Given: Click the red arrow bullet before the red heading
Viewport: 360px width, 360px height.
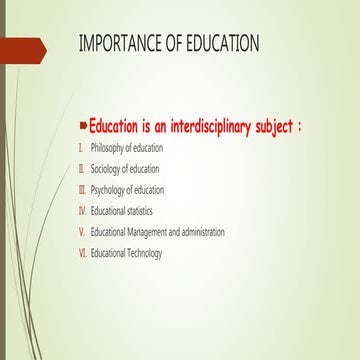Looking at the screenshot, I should (x=83, y=127).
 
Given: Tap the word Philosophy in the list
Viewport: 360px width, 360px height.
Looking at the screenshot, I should (x=109, y=148).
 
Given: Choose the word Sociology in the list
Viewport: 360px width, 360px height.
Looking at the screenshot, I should (x=108, y=169).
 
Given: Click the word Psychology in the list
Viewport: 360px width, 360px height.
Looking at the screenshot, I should (x=110, y=190).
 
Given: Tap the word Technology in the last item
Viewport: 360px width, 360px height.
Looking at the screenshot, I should (x=142, y=253).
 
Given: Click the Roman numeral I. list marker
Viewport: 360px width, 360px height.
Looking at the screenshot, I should (x=80, y=148).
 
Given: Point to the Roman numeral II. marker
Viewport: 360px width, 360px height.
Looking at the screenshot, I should (x=81, y=169).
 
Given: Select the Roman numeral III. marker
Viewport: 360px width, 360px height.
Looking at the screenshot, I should (x=82, y=190).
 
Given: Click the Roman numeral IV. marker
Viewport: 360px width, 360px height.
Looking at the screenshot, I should (x=82, y=211).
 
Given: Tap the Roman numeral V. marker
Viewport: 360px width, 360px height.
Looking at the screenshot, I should (x=81, y=232).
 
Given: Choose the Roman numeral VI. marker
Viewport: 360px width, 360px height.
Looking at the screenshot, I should (x=82, y=253).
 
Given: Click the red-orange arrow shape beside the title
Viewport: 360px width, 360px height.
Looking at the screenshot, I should (x=22, y=46).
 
